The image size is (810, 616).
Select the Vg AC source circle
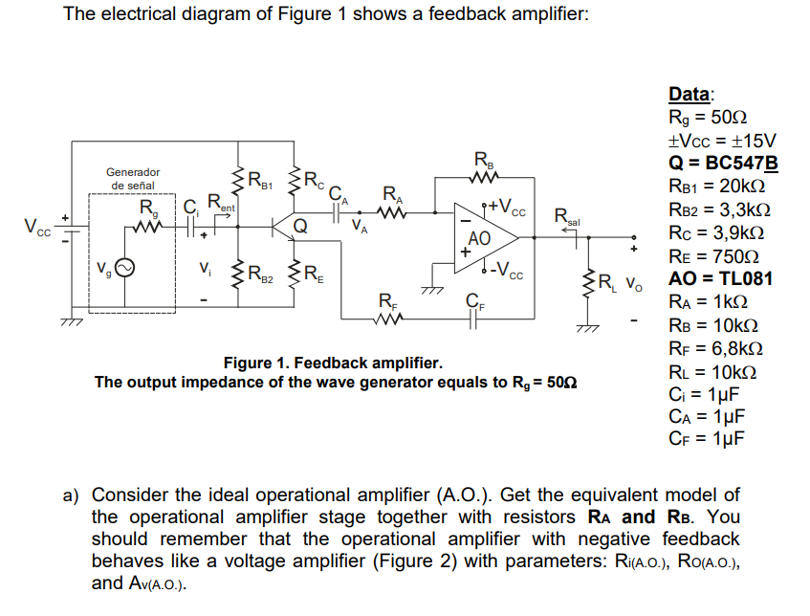tap(124, 269)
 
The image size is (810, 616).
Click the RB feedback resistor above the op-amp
tap(482, 178)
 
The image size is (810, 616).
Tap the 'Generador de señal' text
tap(133, 178)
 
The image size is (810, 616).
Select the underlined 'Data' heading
tap(690, 94)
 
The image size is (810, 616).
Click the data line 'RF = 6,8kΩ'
tap(715, 347)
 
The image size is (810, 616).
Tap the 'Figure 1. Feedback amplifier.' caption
tap(333, 363)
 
